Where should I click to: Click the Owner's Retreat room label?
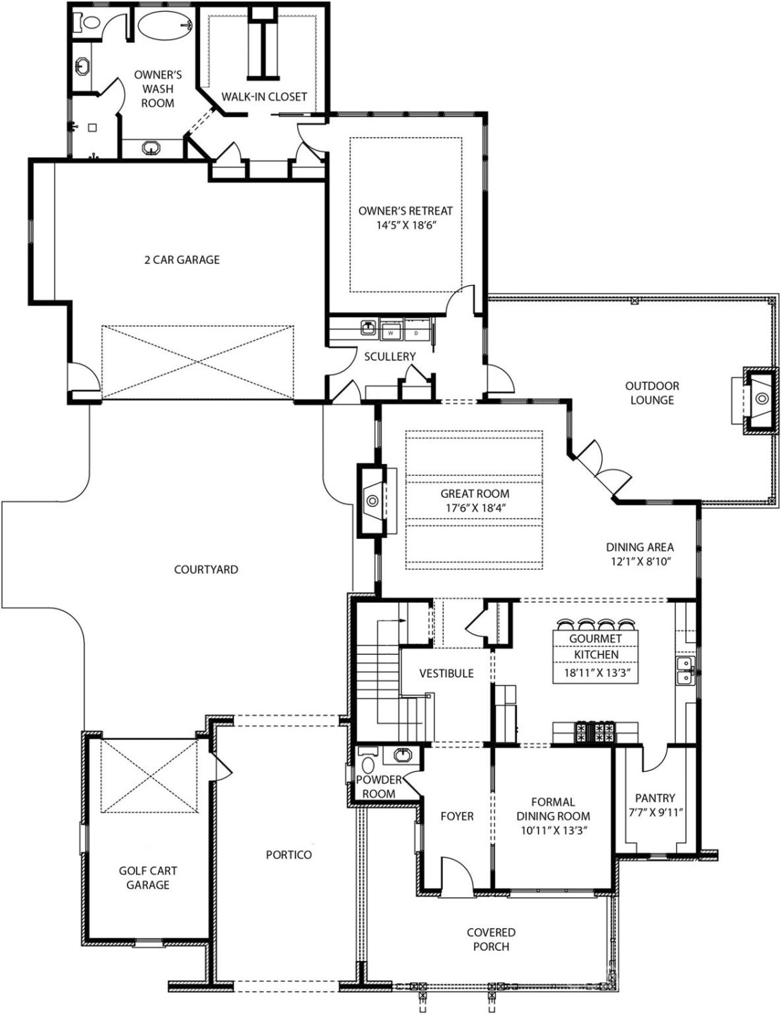point(405,211)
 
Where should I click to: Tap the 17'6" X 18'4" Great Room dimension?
point(475,508)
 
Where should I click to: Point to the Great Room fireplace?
point(373,501)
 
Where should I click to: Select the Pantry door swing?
point(655,759)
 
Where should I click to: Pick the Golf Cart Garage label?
point(148,877)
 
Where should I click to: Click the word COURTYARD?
point(206,569)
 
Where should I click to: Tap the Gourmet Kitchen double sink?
point(684,670)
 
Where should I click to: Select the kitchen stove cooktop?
point(596,732)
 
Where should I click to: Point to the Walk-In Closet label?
point(264,96)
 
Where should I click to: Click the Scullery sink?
point(368,327)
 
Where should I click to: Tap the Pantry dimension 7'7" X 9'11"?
point(655,812)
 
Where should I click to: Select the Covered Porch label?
point(491,939)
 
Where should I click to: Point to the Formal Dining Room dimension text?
point(553,830)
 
